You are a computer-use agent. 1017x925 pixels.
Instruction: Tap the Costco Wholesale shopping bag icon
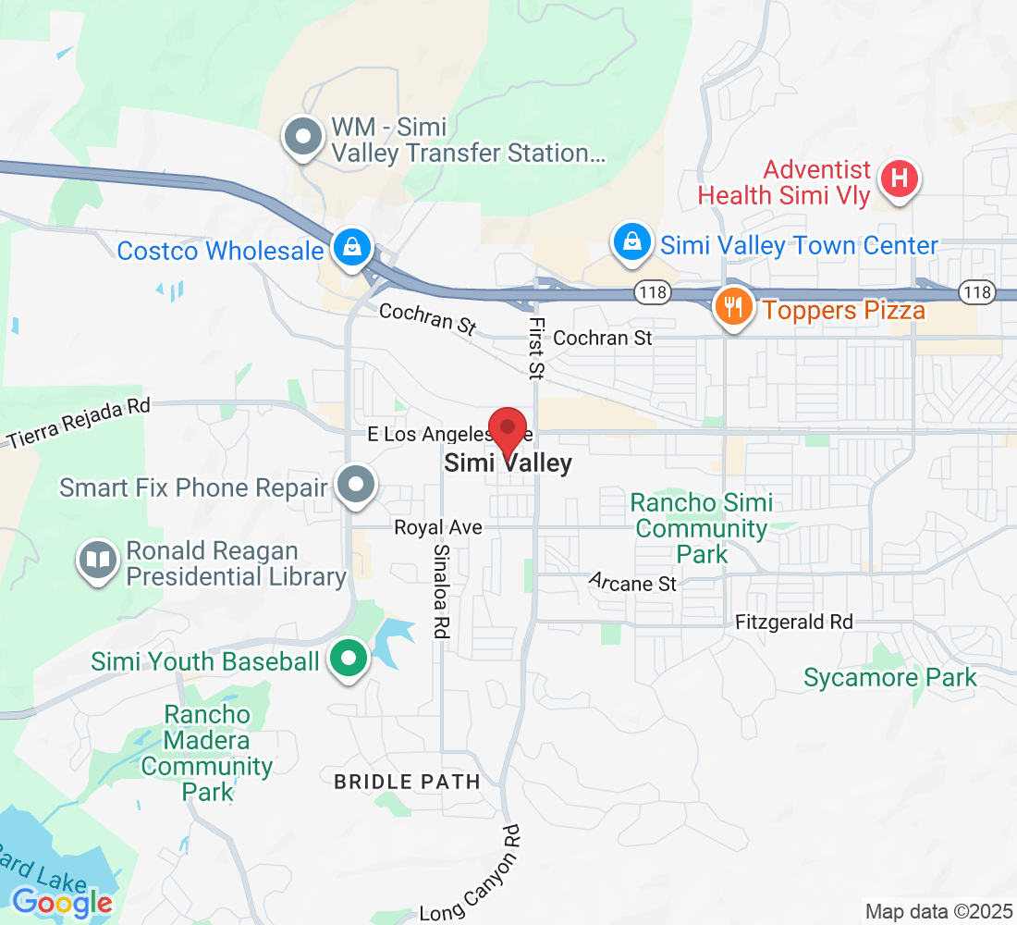(x=352, y=248)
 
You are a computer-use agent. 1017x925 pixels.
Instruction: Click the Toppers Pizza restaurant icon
(x=733, y=306)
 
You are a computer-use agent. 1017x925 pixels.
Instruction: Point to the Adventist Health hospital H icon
(x=898, y=179)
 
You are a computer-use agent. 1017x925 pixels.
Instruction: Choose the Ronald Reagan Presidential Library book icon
(x=98, y=561)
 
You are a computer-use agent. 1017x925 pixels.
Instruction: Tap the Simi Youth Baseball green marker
(x=349, y=660)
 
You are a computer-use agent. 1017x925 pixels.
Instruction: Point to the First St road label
(x=535, y=348)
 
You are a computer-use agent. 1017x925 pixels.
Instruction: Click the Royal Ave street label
(x=438, y=527)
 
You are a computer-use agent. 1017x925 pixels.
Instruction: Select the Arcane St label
(x=633, y=583)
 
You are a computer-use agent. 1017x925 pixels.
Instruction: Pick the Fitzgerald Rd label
(x=793, y=623)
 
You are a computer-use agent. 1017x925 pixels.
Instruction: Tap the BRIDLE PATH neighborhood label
(x=407, y=782)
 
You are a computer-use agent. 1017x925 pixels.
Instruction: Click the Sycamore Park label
(x=889, y=678)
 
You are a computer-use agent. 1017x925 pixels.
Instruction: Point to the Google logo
(x=63, y=902)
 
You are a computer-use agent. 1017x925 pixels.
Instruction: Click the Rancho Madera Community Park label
(x=206, y=753)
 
